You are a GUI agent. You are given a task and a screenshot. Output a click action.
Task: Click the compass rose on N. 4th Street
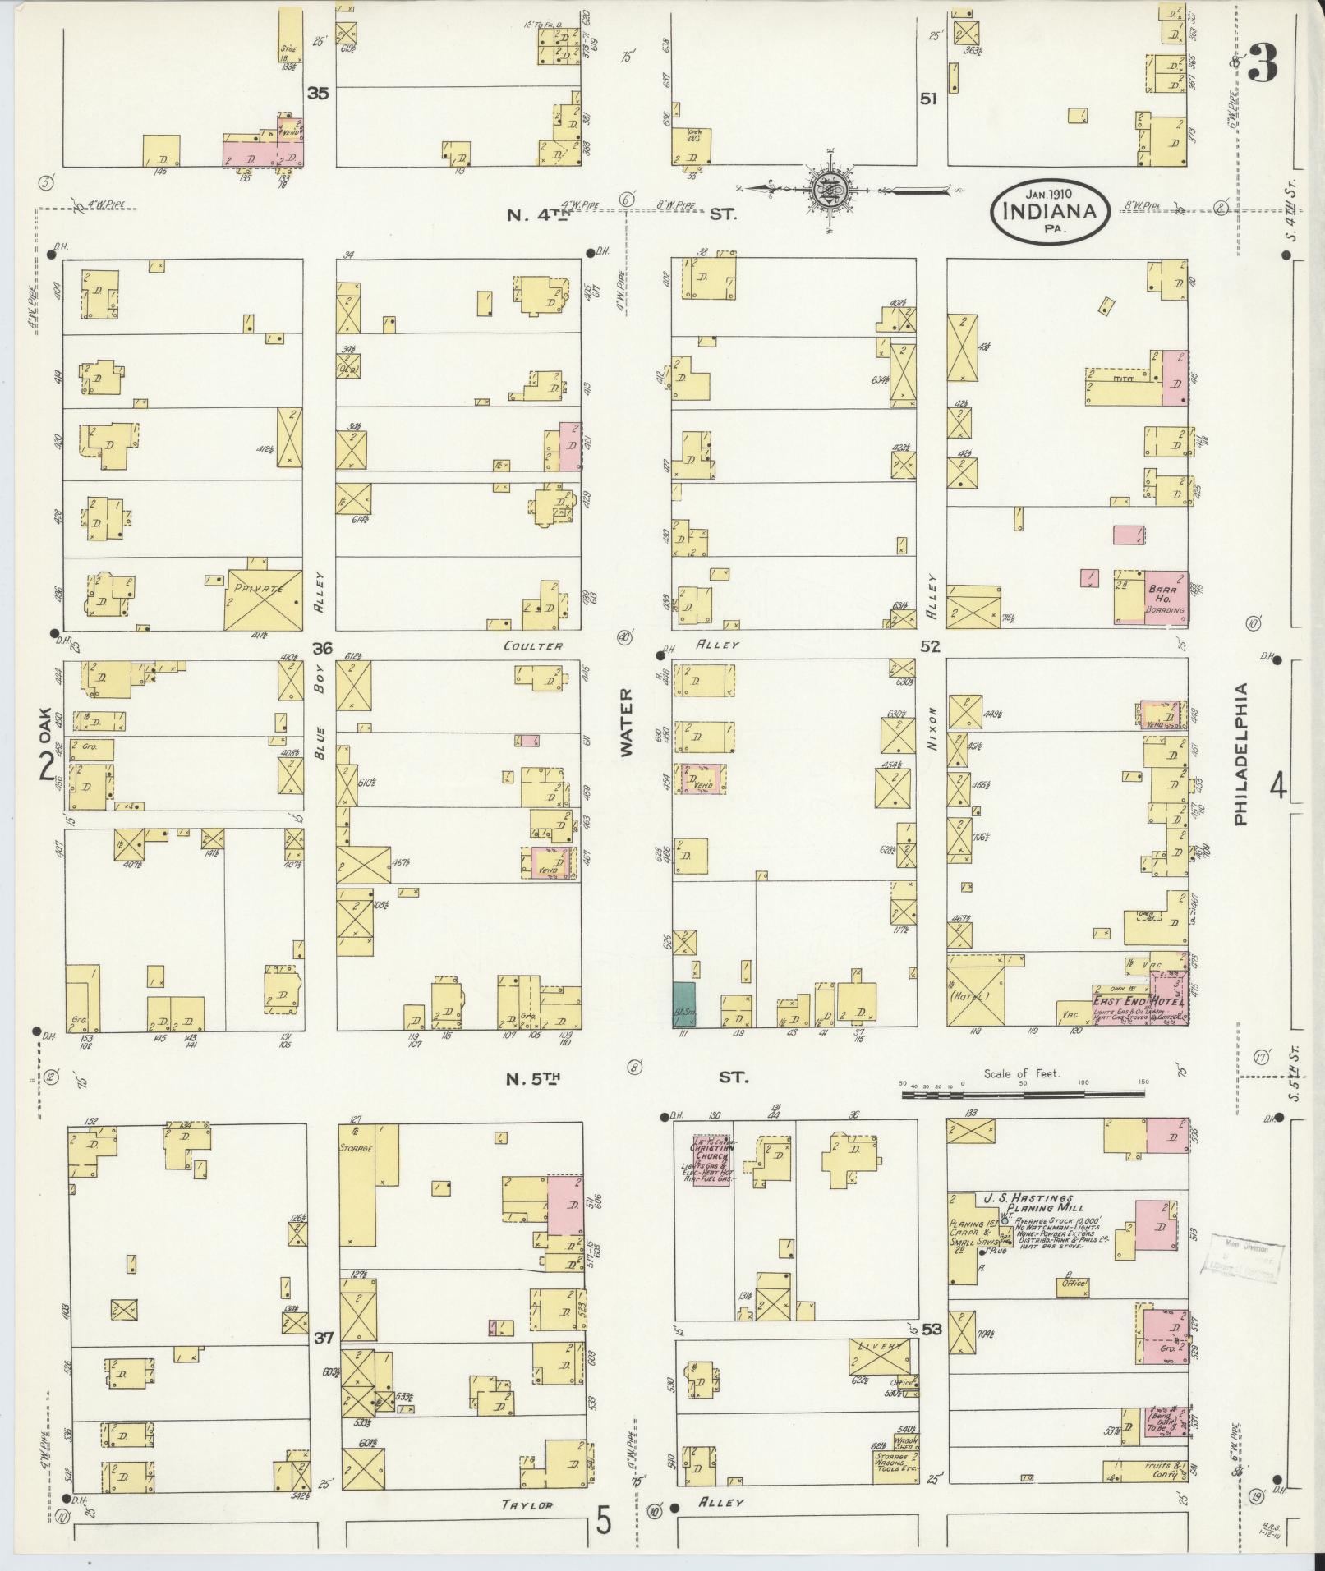click(825, 191)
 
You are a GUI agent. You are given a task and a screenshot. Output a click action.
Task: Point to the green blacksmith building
click(683, 1004)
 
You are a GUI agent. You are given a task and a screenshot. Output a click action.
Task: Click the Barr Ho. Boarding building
click(1166, 597)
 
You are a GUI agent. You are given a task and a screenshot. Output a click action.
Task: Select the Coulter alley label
click(534, 645)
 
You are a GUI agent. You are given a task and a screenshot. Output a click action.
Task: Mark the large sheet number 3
click(1263, 62)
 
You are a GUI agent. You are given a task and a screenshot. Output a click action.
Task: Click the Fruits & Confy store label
click(1164, 1470)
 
